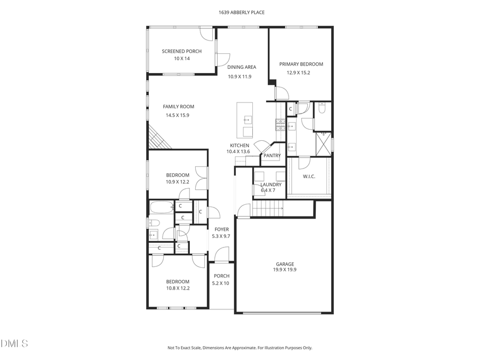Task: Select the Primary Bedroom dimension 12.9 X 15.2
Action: (x=301, y=73)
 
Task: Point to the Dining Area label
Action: (x=242, y=67)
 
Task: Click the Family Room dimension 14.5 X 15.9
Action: (x=178, y=115)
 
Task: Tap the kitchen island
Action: (x=245, y=120)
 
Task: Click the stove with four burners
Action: (x=281, y=125)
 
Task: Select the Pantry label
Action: (x=271, y=156)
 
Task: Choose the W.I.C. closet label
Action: (x=309, y=176)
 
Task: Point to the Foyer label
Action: (x=221, y=229)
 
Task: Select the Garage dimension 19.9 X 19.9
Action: (x=285, y=270)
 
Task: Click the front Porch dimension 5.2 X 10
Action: (x=221, y=283)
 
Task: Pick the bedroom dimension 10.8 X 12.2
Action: (x=178, y=288)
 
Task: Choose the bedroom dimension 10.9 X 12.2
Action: (x=178, y=182)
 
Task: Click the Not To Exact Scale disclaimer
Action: (x=239, y=348)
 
